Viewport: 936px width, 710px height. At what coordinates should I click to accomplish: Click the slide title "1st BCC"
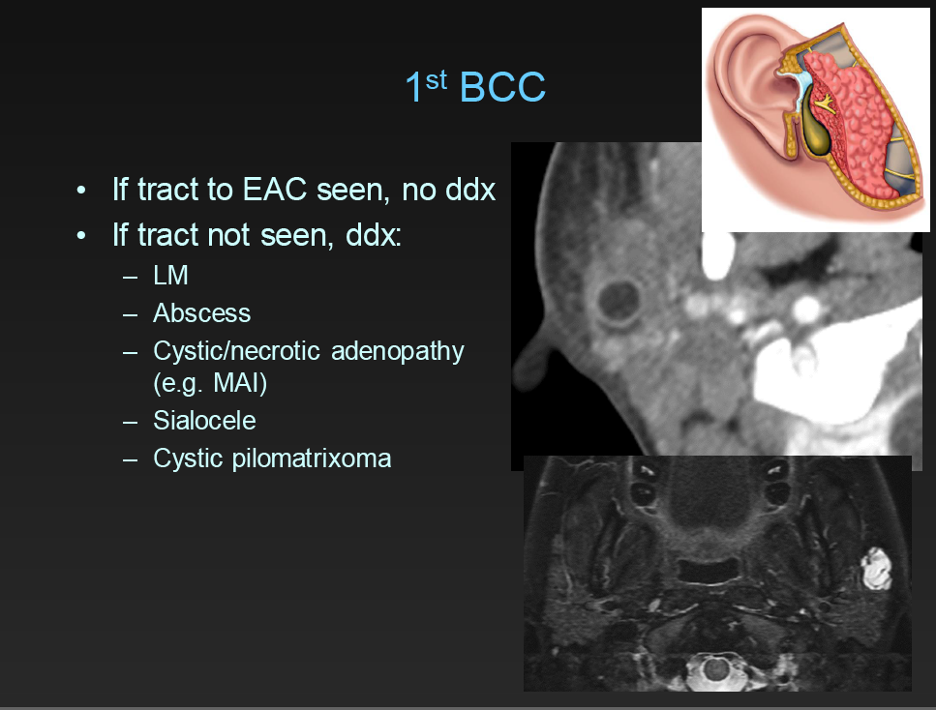475,88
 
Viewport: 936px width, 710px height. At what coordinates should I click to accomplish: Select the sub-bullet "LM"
170,276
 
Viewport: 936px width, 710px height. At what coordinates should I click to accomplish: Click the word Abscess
201,313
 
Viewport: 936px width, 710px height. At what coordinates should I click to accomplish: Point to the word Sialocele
204,421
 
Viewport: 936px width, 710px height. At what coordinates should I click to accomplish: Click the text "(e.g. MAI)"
209,384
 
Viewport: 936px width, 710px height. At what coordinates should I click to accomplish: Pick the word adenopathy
398,350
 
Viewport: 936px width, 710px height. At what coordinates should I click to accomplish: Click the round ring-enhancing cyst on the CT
617,301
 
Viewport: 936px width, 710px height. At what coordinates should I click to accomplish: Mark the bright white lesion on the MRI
876,569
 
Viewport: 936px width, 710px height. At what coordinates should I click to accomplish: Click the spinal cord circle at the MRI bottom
716,667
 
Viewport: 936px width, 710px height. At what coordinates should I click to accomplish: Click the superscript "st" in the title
437,78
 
